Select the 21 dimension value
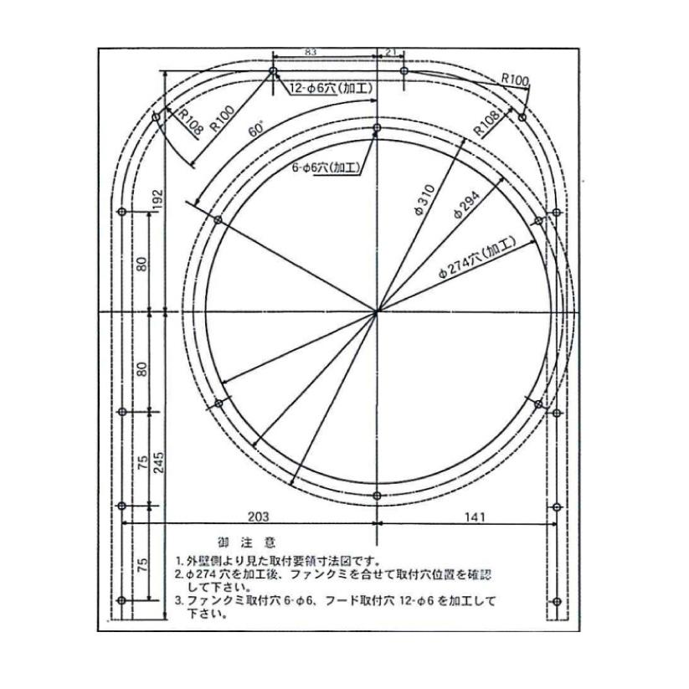(391, 52)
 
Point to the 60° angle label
(256, 131)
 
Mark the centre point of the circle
(378, 311)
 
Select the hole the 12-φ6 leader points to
(273, 72)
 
